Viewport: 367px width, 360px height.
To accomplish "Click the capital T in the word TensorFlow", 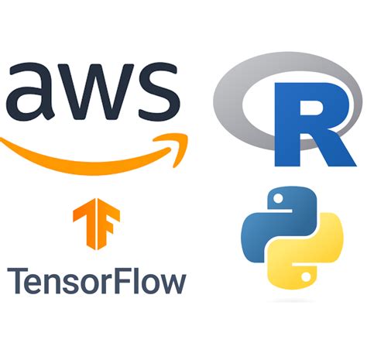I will [16, 279].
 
